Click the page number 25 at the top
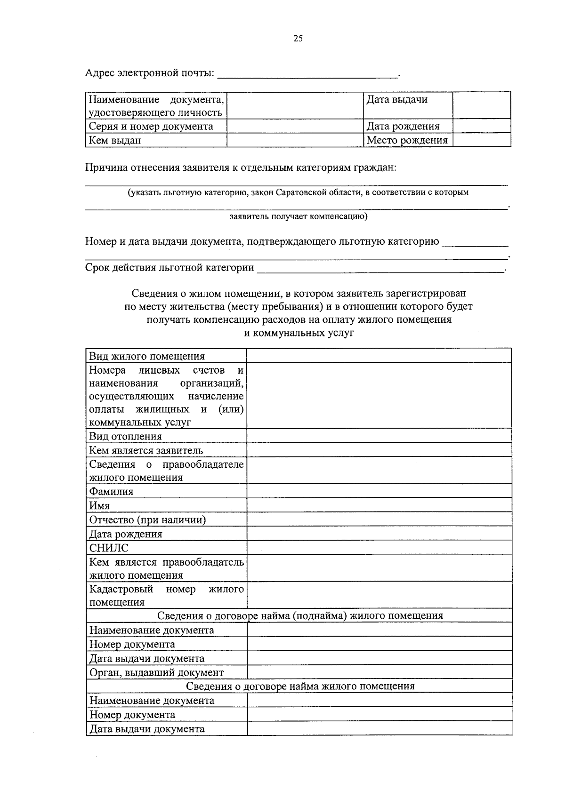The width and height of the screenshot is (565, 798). coord(298,39)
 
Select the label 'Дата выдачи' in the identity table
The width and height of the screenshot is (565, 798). coord(397,100)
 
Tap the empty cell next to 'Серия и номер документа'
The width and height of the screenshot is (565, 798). coord(295,126)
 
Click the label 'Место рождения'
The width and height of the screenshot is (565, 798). coord(407,140)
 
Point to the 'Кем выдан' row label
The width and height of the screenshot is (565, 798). coord(115,140)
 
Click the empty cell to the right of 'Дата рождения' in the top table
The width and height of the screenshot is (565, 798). coord(481,126)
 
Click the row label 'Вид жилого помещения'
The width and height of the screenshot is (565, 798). coord(147,356)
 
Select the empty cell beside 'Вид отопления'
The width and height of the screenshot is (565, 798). coord(379,436)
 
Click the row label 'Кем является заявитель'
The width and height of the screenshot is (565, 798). coord(146,450)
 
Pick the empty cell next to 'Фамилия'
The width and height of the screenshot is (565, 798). coord(379,491)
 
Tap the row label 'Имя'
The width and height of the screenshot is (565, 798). coord(99,506)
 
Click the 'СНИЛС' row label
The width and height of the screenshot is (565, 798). coord(109,548)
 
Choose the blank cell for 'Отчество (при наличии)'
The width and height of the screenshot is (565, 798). coord(379,519)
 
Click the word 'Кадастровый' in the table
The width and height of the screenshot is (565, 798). coord(121,589)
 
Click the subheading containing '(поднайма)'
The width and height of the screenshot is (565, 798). coord(300,616)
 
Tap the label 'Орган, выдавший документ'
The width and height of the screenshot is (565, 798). coord(156,672)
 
